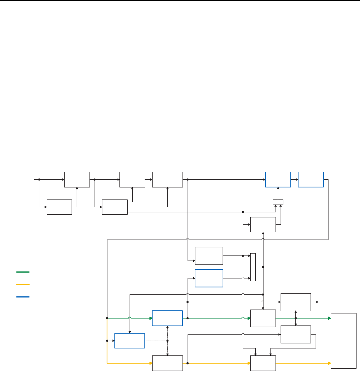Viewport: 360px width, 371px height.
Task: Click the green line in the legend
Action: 23,272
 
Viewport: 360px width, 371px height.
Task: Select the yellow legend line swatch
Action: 23,284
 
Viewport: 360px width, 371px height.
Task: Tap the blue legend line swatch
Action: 23,297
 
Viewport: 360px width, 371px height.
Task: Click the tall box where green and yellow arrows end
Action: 343,340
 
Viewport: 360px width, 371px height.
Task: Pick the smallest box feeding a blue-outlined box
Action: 278,202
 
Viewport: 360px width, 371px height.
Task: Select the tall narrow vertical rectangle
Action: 253,267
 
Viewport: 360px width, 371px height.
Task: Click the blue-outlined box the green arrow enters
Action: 167,318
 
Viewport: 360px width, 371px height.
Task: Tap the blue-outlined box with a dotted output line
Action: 130,341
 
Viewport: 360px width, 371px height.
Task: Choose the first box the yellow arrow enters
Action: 167,363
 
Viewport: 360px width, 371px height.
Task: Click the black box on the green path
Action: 263,318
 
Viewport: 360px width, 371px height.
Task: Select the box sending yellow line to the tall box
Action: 263,363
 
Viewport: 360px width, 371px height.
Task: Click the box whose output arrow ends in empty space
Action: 296,302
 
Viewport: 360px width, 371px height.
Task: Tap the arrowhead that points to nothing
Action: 318,302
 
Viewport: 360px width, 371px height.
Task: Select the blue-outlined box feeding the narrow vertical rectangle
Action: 209,278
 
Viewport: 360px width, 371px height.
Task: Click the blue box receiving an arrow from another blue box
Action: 311,179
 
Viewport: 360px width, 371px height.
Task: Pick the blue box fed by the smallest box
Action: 278,179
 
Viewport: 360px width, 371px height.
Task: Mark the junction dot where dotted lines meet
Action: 167,341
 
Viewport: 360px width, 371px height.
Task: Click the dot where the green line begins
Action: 107,318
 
